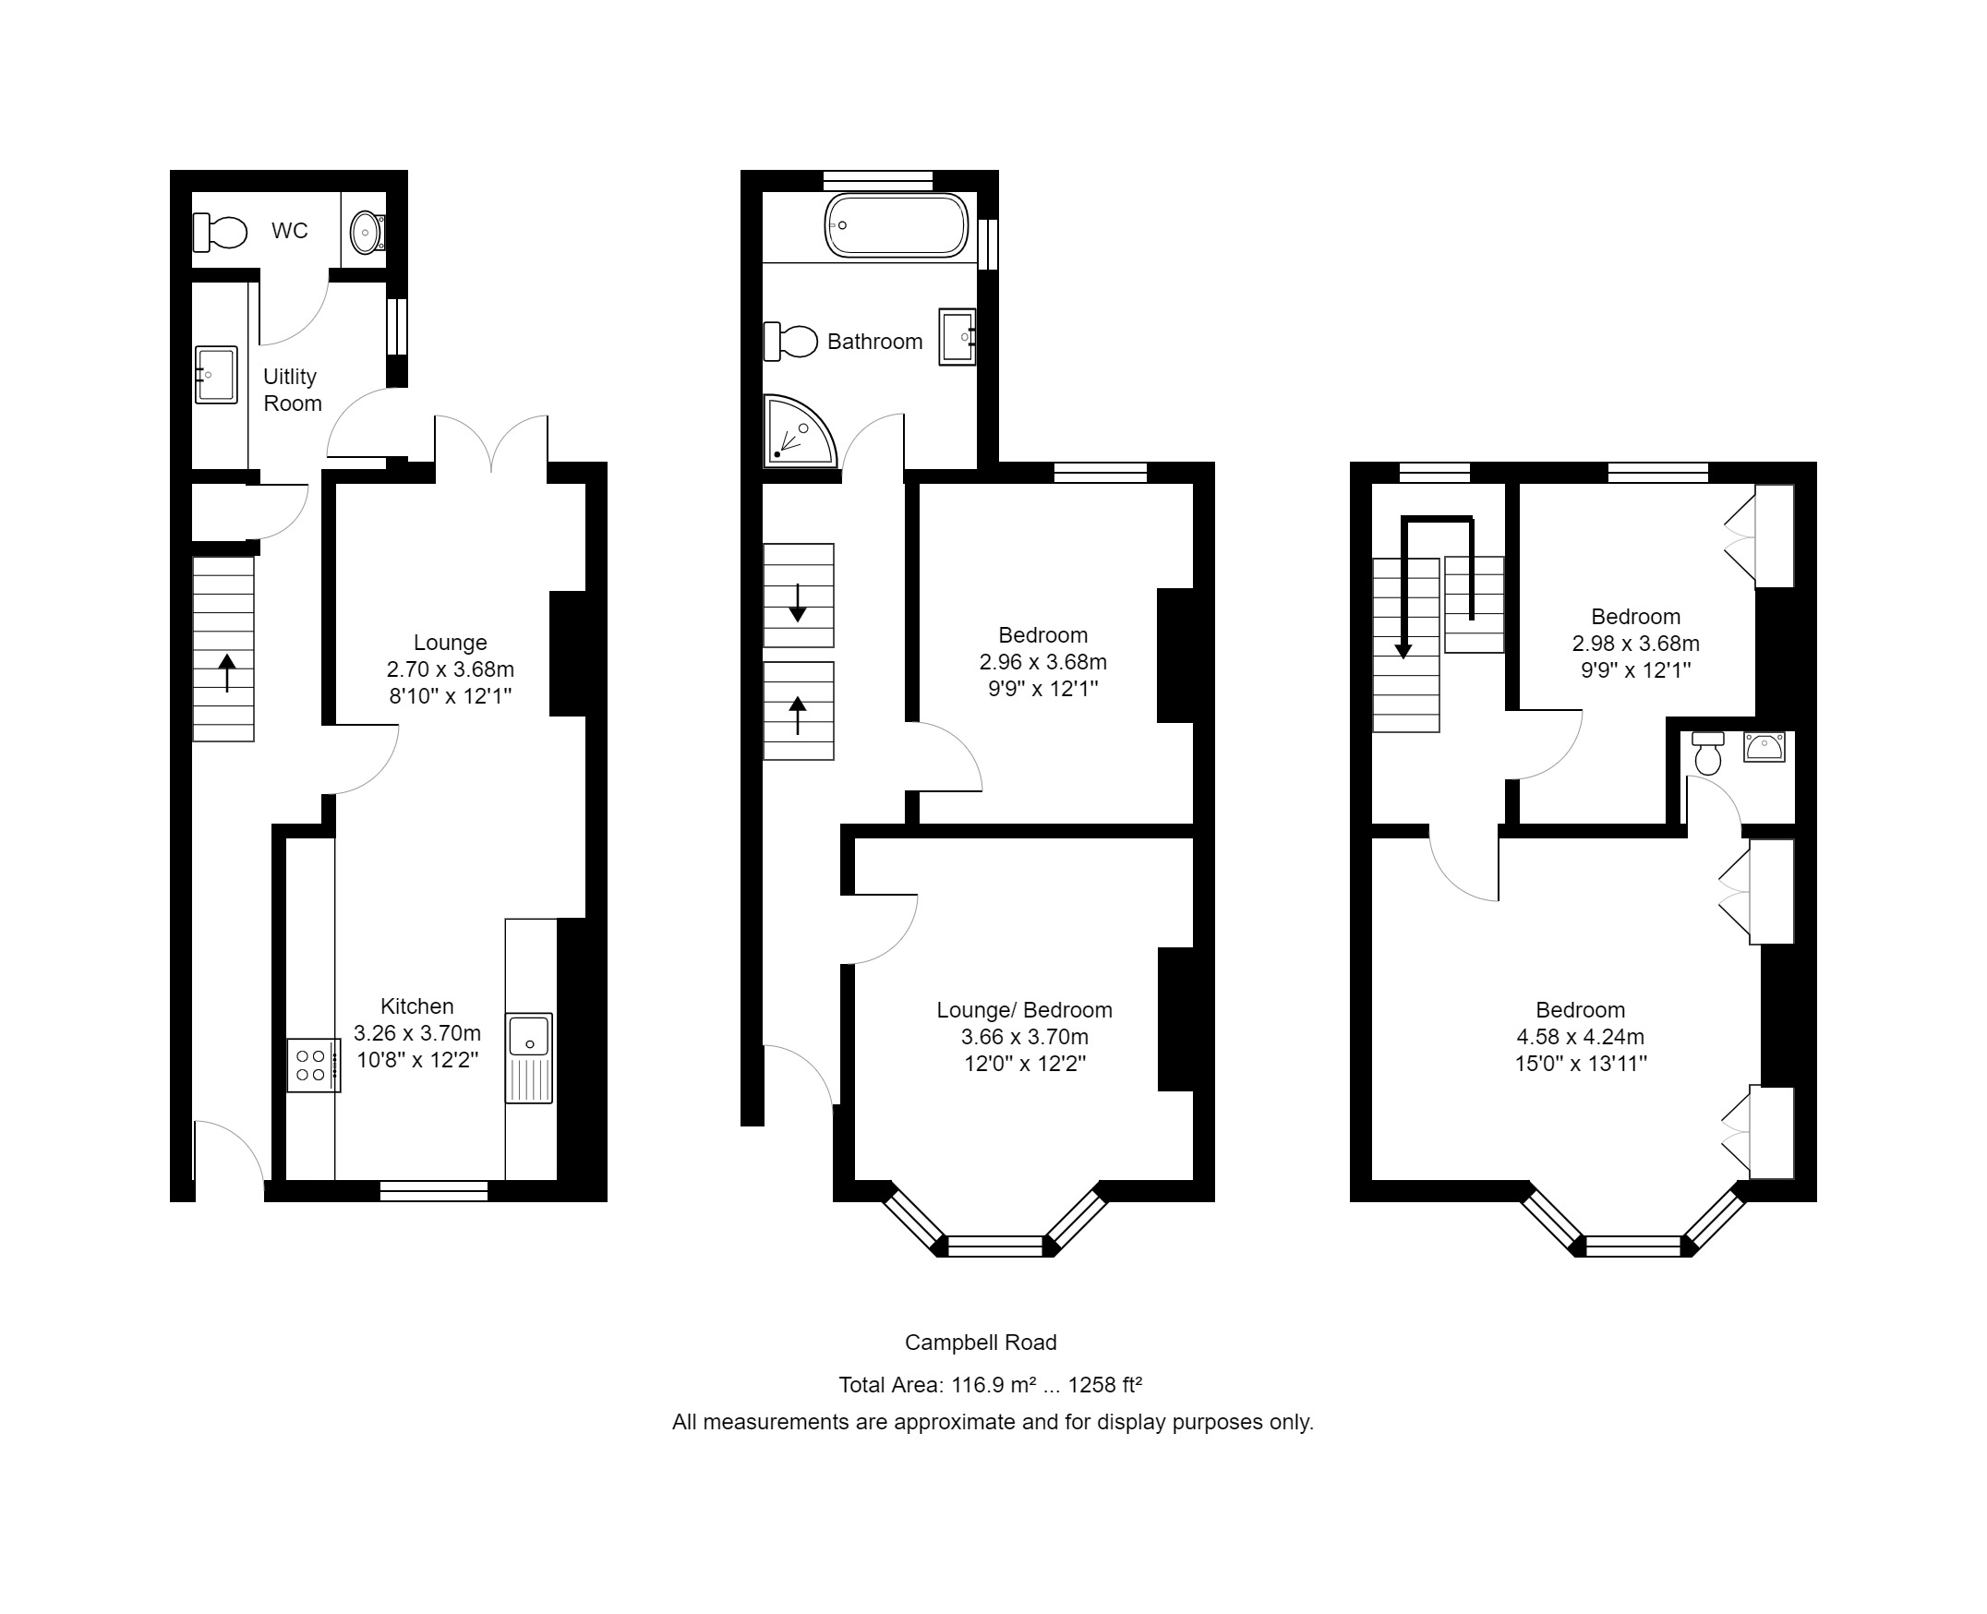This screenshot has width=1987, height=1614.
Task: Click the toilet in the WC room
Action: (221, 232)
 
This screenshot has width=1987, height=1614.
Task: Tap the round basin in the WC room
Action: (367, 232)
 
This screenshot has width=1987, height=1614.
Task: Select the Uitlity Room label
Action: (292, 390)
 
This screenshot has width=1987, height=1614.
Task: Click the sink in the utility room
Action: (216, 375)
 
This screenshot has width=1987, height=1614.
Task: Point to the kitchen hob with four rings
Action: (311, 1066)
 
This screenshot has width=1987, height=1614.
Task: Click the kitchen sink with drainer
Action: (528, 1057)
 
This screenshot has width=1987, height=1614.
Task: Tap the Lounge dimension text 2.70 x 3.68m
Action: (450, 669)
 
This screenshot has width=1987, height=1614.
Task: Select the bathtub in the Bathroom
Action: (896, 225)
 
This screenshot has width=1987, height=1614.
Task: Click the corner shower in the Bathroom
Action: (797, 434)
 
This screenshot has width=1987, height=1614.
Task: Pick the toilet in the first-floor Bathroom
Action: (789, 342)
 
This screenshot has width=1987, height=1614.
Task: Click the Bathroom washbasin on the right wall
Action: (957, 337)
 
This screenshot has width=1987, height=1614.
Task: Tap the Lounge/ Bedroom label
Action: (1024, 1011)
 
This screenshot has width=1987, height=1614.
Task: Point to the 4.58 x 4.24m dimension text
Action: (1580, 1037)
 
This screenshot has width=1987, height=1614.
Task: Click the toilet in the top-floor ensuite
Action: (1707, 753)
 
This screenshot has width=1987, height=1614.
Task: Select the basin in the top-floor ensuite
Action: (1764, 747)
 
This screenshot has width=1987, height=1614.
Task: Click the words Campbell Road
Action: (980, 1343)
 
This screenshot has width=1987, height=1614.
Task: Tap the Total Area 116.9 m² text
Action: (989, 1385)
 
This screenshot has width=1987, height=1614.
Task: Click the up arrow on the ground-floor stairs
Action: (227, 672)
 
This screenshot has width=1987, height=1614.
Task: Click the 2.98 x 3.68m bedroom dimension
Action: (1634, 644)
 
